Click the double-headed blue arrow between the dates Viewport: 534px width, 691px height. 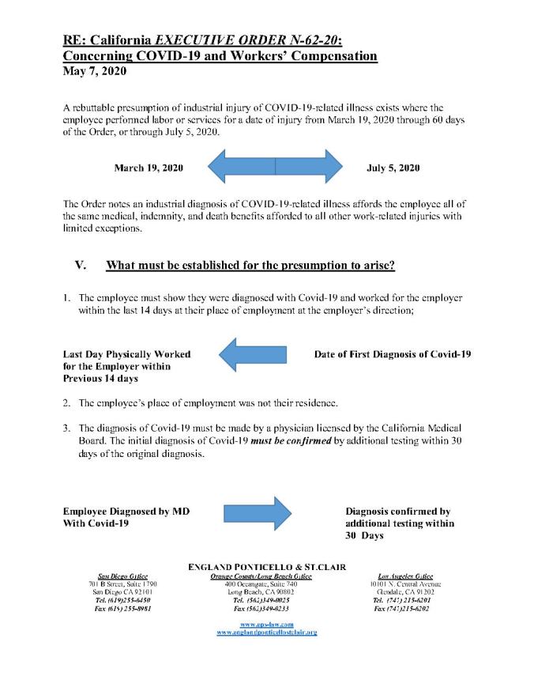(274, 168)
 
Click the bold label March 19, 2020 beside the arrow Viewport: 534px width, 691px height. (149, 168)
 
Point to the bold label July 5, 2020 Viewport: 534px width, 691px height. (393, 168)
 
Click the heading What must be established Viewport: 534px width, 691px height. (250, 266)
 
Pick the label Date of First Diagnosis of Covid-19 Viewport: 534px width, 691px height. (392, 354)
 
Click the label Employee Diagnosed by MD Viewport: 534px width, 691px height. (126, 511)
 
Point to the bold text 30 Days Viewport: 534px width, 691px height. (364, 535)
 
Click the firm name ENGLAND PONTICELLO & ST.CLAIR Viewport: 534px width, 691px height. (266, 567)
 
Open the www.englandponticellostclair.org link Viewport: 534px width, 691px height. (266, 634)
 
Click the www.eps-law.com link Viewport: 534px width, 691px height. (266, 625)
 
